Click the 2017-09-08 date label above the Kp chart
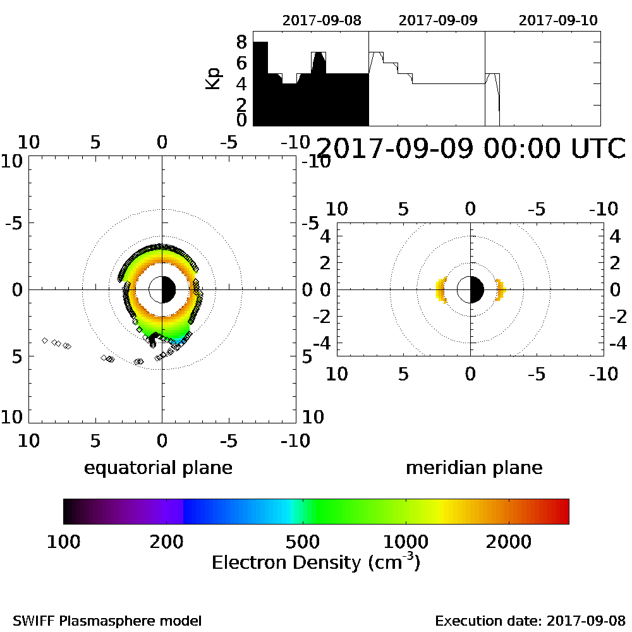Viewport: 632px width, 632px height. (x=322, y=20)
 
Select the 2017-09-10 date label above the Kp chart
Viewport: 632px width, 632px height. (x=558, y=20)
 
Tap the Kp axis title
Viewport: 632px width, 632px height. (x=214, y=78)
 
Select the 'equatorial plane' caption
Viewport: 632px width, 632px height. (x=158, y=468)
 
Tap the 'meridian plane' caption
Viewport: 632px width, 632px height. (x=474, y=468)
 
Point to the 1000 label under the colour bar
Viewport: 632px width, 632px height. (x=406, y=542)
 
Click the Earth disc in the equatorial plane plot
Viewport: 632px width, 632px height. (x=162, y=289)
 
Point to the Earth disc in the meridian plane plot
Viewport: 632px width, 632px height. (x=470, y=289)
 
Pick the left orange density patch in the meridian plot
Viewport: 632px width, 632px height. (x=441, y=290)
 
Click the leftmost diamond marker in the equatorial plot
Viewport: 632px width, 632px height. (x=45, y=341)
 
